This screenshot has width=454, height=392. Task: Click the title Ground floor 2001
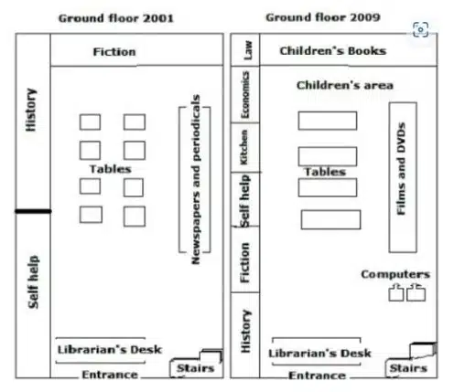click(116, 18)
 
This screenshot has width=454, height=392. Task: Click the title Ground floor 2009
click(323, 17)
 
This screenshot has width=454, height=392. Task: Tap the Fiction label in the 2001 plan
click(114, 52)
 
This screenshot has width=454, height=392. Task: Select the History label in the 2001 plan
click(31, 110)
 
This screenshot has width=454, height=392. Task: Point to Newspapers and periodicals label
click(196, 179)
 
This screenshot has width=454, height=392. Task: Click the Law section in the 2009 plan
click(248, 50)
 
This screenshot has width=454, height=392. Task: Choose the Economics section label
click(245, 95)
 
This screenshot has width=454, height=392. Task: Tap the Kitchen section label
click(244, 147)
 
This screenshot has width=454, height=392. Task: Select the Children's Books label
click(333, 51)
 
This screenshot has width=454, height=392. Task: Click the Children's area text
click(345, 85)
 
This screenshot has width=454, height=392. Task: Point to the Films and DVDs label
click(401, 169)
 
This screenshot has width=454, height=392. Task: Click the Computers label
click(395, 274)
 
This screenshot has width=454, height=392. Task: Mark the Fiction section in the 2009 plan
click(244, 262)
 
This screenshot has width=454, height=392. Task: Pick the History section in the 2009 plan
click(245, 332)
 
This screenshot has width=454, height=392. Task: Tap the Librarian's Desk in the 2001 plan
click(110, 350)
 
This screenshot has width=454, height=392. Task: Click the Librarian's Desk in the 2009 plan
click(319, 354)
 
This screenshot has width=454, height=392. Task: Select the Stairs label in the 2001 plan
click(196, 368)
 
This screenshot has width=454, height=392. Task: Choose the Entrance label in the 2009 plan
click(317, 376)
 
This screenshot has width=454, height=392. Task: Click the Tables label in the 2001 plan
click(111, 169)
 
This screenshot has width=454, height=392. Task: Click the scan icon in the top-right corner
click(420, 29)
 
